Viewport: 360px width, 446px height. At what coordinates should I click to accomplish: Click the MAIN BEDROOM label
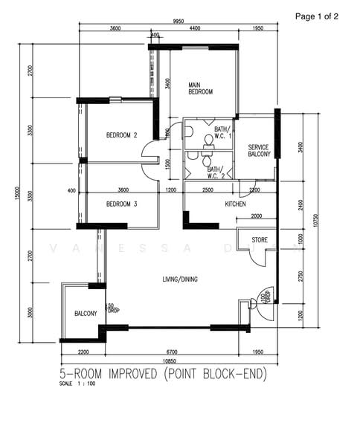tap(200, 88)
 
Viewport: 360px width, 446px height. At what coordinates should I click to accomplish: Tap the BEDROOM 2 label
tap(121, 135)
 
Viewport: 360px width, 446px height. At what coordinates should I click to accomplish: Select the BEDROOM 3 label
tap(121, 204)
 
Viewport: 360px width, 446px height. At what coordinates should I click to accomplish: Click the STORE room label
tap(259, 240)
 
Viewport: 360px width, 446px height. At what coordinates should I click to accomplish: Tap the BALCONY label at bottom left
tap(86, 314)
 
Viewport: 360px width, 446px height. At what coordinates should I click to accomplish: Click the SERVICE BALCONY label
tap(259, 150)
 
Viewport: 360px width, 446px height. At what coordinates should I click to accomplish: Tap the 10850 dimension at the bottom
tap(170, 360)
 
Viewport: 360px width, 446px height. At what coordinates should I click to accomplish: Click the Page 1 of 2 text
tap(316, 16)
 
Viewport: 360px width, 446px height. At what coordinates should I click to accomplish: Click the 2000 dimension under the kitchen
tap(256, 216)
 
